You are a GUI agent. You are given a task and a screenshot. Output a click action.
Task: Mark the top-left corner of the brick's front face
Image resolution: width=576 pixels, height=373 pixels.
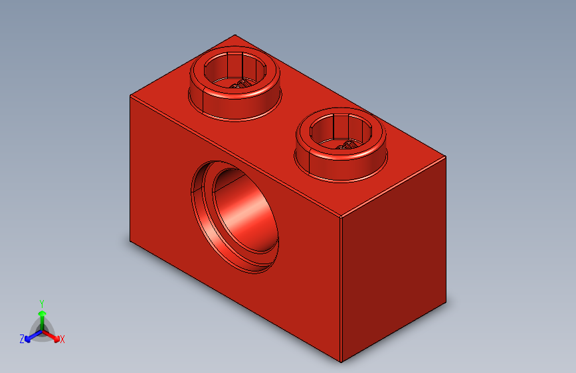(130, 95)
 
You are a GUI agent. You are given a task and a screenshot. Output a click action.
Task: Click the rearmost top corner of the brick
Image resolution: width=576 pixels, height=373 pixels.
(235, 35)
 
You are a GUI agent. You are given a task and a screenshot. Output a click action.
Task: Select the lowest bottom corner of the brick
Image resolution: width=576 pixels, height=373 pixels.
(341, 362)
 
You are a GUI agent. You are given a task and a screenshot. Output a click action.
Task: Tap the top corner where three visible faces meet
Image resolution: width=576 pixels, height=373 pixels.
(341, 216)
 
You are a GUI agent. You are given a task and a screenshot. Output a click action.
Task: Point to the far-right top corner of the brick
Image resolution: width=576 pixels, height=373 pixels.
(446, 157)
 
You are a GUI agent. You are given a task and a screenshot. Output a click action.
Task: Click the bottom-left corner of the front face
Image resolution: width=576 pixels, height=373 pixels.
(130, 242)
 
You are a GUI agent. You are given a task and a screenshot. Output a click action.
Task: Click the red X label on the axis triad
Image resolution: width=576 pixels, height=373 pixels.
(62, 339)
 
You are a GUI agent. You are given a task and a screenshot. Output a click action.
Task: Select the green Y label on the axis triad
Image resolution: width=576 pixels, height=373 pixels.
(42, 302)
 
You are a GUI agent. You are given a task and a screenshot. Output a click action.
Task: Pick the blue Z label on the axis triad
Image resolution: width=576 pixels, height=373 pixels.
(22, 338)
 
